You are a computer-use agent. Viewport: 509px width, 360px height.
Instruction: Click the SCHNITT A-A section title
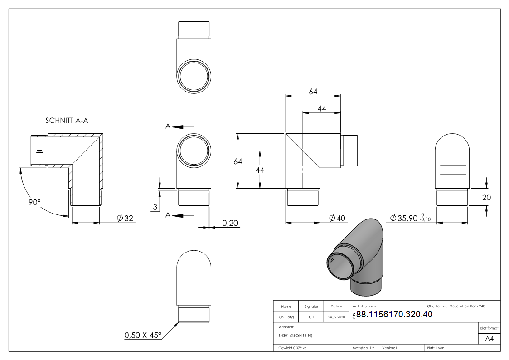[x=67, y=121]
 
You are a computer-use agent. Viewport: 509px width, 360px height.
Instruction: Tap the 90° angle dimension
[x=34, y=202]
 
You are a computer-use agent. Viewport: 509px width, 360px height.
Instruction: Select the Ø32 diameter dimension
[x=125, y=218]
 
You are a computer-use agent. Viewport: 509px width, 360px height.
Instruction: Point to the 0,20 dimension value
[x=230, y=223]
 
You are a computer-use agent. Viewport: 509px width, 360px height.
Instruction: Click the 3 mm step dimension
[x=155, y=207]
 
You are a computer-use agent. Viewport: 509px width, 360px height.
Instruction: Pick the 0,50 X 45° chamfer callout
[x=143, y=335]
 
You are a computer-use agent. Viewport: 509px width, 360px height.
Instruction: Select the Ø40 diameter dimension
[x=337, y=218]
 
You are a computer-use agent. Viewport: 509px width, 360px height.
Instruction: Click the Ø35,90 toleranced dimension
[x=410, y=218]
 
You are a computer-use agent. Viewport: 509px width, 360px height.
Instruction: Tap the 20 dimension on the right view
[x=486, y=197]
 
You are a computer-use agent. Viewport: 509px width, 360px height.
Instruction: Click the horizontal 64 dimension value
[x=313, y=92]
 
